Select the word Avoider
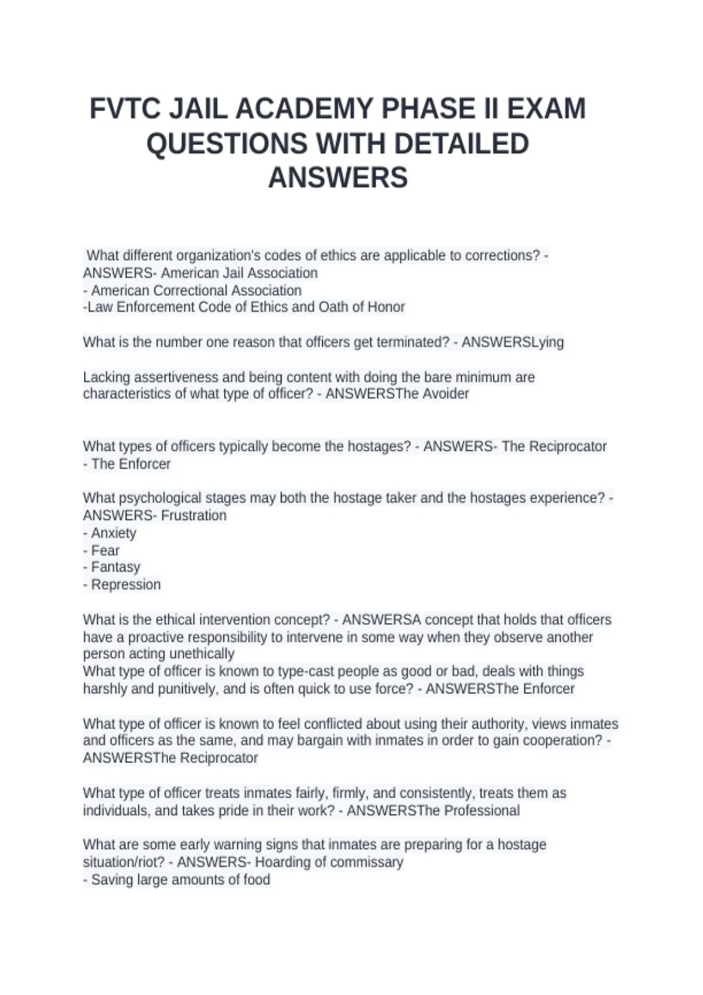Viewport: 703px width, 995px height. (x=446, y=394)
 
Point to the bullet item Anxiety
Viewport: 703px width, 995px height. (x=114, y=533)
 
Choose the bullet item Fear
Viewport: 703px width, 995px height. (x=105, y=551)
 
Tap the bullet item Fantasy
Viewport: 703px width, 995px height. (x=116, y=567)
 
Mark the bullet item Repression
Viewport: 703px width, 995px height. (x=126, y=585)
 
